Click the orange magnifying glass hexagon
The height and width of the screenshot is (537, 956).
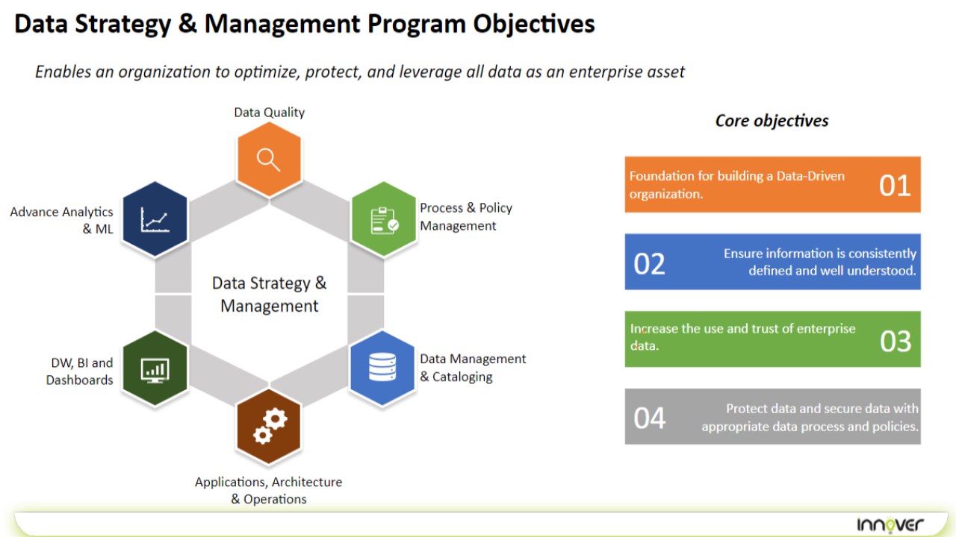269,160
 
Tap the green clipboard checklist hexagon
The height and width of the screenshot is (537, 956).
383,219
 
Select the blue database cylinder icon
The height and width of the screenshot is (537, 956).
382,367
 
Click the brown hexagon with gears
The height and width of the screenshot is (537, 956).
269,426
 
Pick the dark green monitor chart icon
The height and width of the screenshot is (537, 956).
155,371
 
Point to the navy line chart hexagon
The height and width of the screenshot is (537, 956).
155,219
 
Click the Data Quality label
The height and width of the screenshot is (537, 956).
270,113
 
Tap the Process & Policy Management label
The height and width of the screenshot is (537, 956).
466,216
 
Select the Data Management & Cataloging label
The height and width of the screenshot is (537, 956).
473,368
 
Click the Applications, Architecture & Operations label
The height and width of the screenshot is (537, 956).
268,490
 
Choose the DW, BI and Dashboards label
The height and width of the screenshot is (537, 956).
80,371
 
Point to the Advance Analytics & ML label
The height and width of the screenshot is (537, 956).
62,220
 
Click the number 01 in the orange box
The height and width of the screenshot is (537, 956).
895,186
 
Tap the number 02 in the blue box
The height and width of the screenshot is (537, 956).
649,264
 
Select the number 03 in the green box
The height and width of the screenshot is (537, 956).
896,341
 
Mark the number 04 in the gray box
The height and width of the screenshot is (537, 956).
649,418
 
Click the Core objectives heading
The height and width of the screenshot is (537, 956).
772,121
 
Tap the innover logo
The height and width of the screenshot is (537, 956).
890,524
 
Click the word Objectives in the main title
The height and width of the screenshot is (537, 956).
534,24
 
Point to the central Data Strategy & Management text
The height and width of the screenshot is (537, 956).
270,295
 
